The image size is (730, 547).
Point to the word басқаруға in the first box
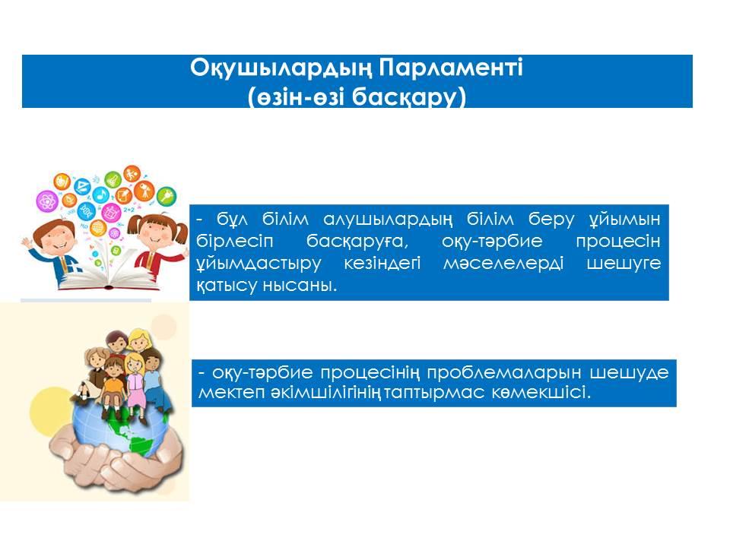tap(357, 242)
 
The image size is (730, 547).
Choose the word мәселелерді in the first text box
tap(503, 264)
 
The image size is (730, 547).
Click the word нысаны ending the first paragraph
tap(300, 286)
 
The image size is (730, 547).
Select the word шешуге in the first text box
tap(624, 264)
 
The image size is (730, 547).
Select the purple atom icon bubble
tap(47, 201)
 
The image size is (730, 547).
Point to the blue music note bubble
tap(100, 194)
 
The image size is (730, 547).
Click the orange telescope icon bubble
tap(144, 191)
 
